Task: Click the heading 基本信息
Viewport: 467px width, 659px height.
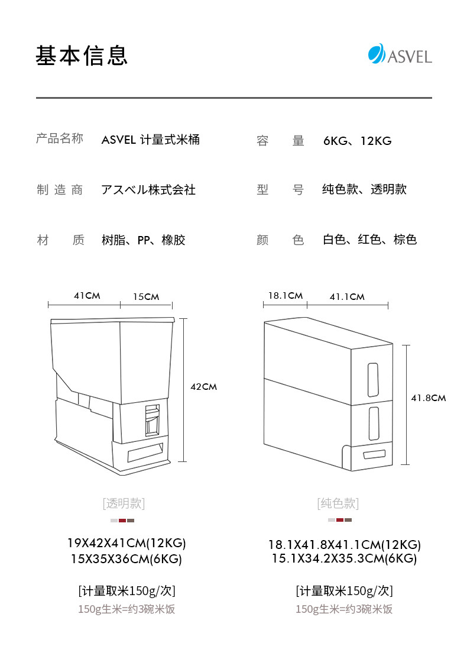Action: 82,55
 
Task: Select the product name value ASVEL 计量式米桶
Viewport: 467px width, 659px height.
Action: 150,140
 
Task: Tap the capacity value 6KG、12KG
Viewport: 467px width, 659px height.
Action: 357,141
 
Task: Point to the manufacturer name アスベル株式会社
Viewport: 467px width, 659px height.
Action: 148,190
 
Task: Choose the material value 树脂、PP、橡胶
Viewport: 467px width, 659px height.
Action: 143,240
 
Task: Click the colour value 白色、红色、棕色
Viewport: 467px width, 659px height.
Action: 369,240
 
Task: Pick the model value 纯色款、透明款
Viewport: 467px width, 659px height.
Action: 364,190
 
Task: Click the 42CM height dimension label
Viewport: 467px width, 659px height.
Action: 203,387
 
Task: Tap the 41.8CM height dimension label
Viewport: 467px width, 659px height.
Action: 428,398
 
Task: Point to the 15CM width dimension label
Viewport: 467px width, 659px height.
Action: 145,296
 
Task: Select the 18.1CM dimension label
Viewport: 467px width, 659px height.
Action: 285,296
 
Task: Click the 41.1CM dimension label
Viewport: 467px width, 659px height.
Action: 347,296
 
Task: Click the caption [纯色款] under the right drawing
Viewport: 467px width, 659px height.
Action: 338,503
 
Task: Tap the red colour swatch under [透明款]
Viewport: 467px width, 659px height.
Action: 122,521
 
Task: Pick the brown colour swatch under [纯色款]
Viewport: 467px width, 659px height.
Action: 348,520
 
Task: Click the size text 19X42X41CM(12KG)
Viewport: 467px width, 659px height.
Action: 127,543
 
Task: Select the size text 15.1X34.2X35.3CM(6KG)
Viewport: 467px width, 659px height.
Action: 344,559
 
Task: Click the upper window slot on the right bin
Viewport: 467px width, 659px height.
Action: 373,380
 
